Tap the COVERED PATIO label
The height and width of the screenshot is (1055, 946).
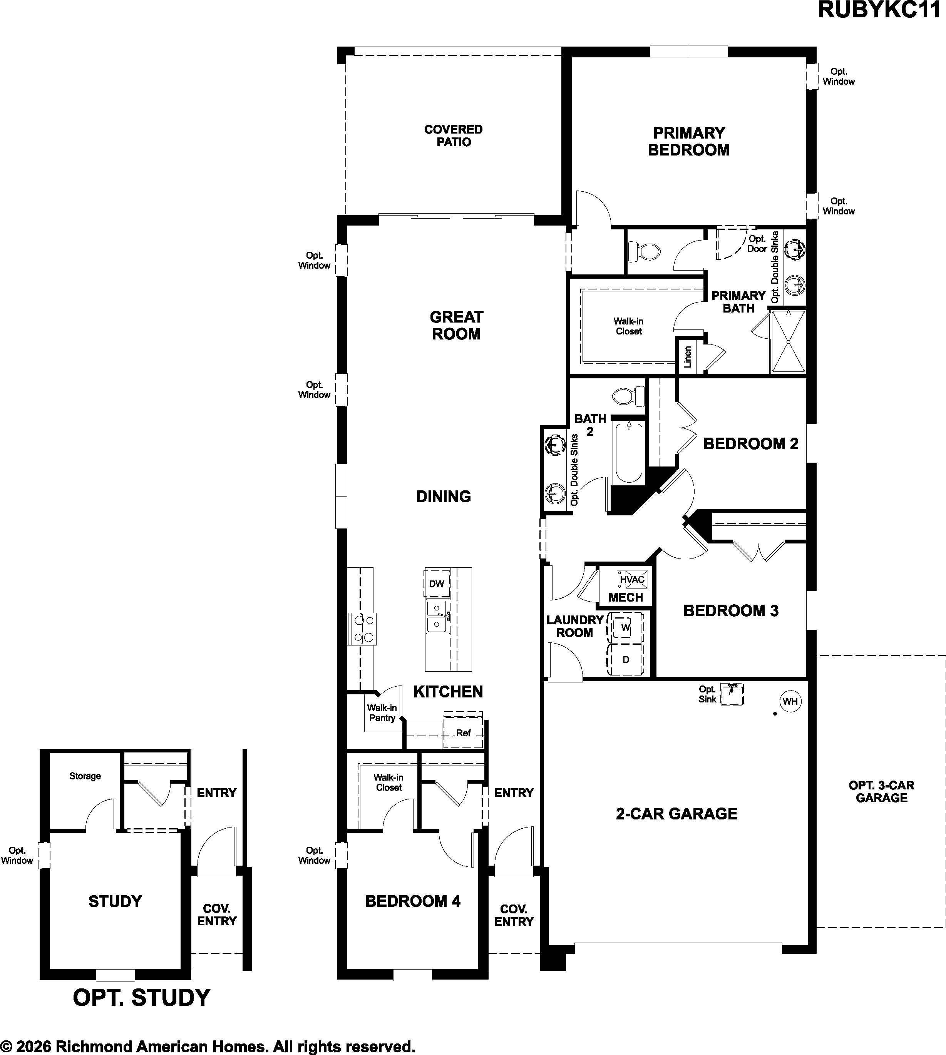[x=453, y=135]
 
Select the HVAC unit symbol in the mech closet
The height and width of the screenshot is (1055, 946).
[x=631, y=578]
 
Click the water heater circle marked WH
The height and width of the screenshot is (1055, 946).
[x=790, y=701]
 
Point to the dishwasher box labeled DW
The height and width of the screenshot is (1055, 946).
[x=437, y=584]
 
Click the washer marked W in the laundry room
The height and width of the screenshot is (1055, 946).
[x=625, y=628]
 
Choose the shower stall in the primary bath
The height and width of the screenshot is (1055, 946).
[x=788, y=341]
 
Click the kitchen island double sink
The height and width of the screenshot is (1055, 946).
[x=438, y=617]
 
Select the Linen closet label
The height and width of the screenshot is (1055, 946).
[x=688, y=357]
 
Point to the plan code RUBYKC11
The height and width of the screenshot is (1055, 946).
[x=880, y=10]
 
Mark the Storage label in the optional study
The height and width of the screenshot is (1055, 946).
[x=85, y=776]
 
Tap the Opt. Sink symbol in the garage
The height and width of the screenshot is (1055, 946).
[x=733, y=694]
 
